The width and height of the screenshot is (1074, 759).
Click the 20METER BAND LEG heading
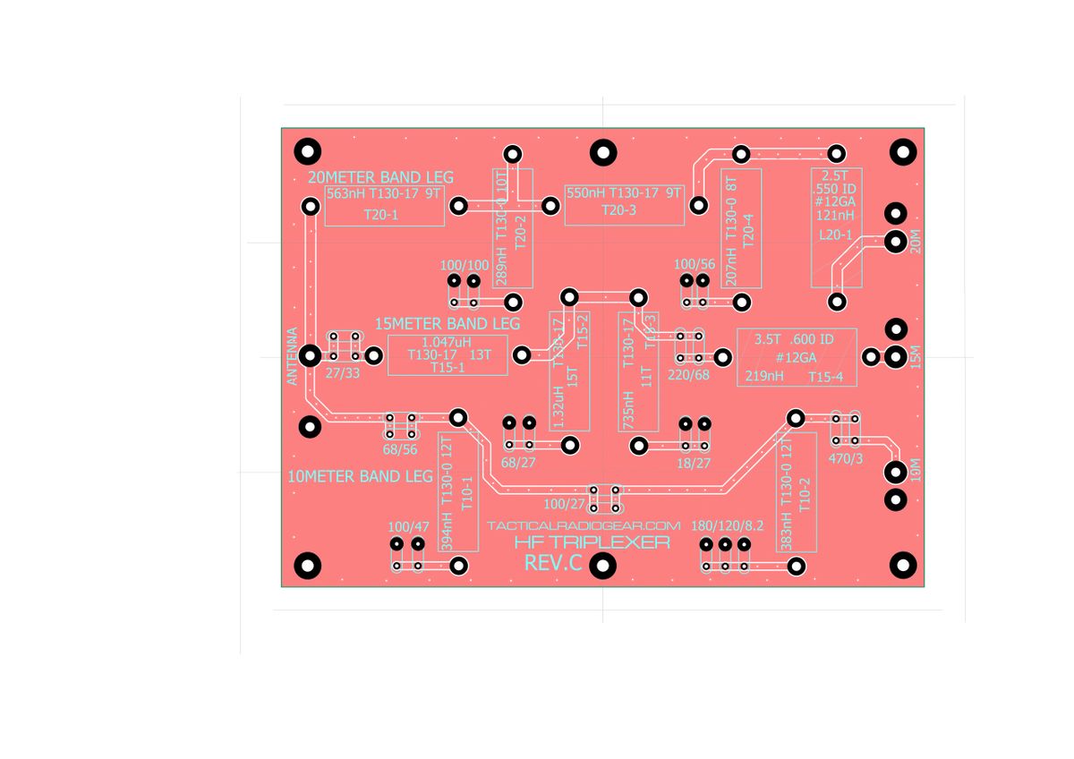click(380, 176)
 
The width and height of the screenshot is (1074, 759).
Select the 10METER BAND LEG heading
click(361, 476)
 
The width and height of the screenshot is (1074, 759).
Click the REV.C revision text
click(553, 564)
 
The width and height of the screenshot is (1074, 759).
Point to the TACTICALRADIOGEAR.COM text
click(584, 525)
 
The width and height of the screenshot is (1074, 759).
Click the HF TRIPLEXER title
click(592, 542)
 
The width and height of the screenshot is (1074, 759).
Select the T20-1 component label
click(380, 215)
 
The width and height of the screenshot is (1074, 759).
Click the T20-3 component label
click(618, 209)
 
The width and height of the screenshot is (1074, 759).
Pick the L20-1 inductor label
click(836, 235)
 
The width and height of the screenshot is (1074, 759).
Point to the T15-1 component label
click(447, 367)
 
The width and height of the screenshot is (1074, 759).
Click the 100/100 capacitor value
click(465, 265)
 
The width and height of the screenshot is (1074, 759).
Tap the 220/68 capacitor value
click(688, 374)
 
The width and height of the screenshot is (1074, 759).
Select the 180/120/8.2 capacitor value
click(728, 525)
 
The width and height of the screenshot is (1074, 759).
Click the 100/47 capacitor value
click(408, 525)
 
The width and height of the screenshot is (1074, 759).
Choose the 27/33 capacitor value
click(343, 373)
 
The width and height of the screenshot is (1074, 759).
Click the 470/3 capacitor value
click(846, 458)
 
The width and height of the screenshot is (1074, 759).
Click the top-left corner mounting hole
click(310, 150)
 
